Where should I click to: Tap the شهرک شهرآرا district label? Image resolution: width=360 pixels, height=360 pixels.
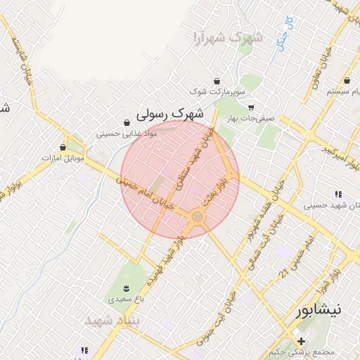pyautogui.click(x=226, y=37)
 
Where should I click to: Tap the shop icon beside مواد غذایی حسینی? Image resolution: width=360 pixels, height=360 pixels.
pyautogui.click(x=127, y=122)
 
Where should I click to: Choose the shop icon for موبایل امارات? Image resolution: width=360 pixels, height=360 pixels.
pyautogui.click(x=64, y=148)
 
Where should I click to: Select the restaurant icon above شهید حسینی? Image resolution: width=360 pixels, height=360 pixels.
pyautogui.click(x=338, y=194)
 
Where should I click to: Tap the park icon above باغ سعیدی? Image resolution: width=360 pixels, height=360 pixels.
pyautogui.click(x=127, y=288)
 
